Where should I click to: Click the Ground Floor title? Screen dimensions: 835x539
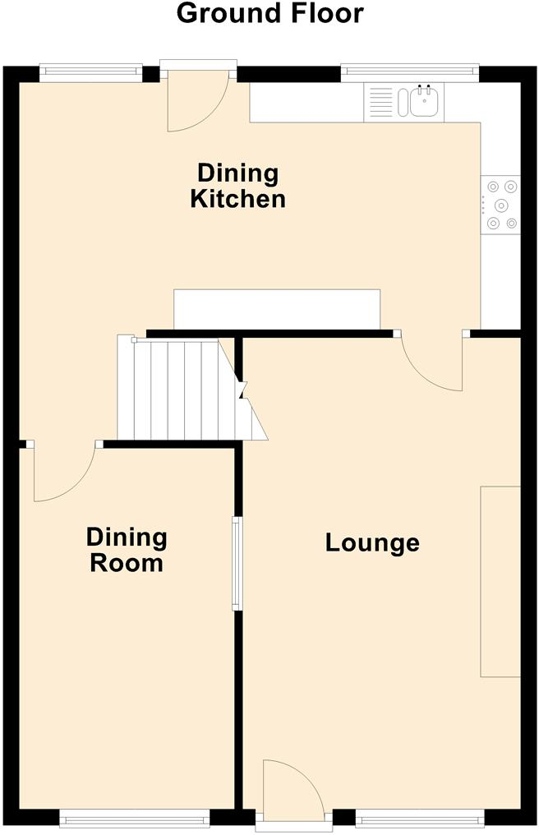pyautogui.click(x=269, y=13)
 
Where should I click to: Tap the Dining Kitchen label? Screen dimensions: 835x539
pyautogui.click(x=238, y=186)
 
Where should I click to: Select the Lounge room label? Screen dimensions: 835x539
pyautogui.click(x=372, y=542)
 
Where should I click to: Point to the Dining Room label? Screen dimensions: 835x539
pyautogui.click(x=127, y=550)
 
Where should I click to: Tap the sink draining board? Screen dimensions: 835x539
pyautogui.click(x=380, y=103)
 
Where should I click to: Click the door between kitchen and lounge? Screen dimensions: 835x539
pyautogui.click(x=431, y=362)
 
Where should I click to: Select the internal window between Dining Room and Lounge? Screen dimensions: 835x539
pyautogui.click(x=237, y=564)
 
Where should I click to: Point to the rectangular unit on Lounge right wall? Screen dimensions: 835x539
pyautogui.click(x=500, y=581)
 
